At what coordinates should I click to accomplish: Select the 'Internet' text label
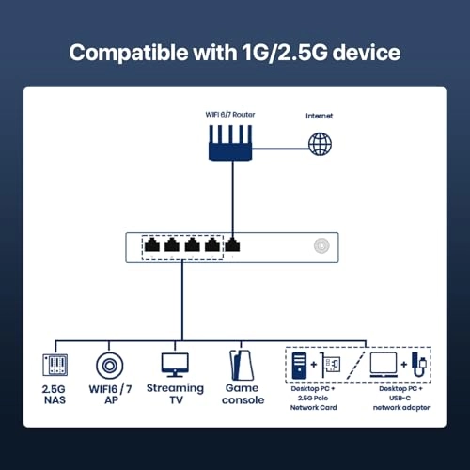point(320,117)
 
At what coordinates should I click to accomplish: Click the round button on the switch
point(322,246)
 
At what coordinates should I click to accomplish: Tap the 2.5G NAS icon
point(55,367)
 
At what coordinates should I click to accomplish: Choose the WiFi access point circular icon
point(109,367)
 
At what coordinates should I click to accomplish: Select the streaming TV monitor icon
point(175,364)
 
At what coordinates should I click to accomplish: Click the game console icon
point(237,365)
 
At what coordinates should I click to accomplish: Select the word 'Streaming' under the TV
point(175,388)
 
